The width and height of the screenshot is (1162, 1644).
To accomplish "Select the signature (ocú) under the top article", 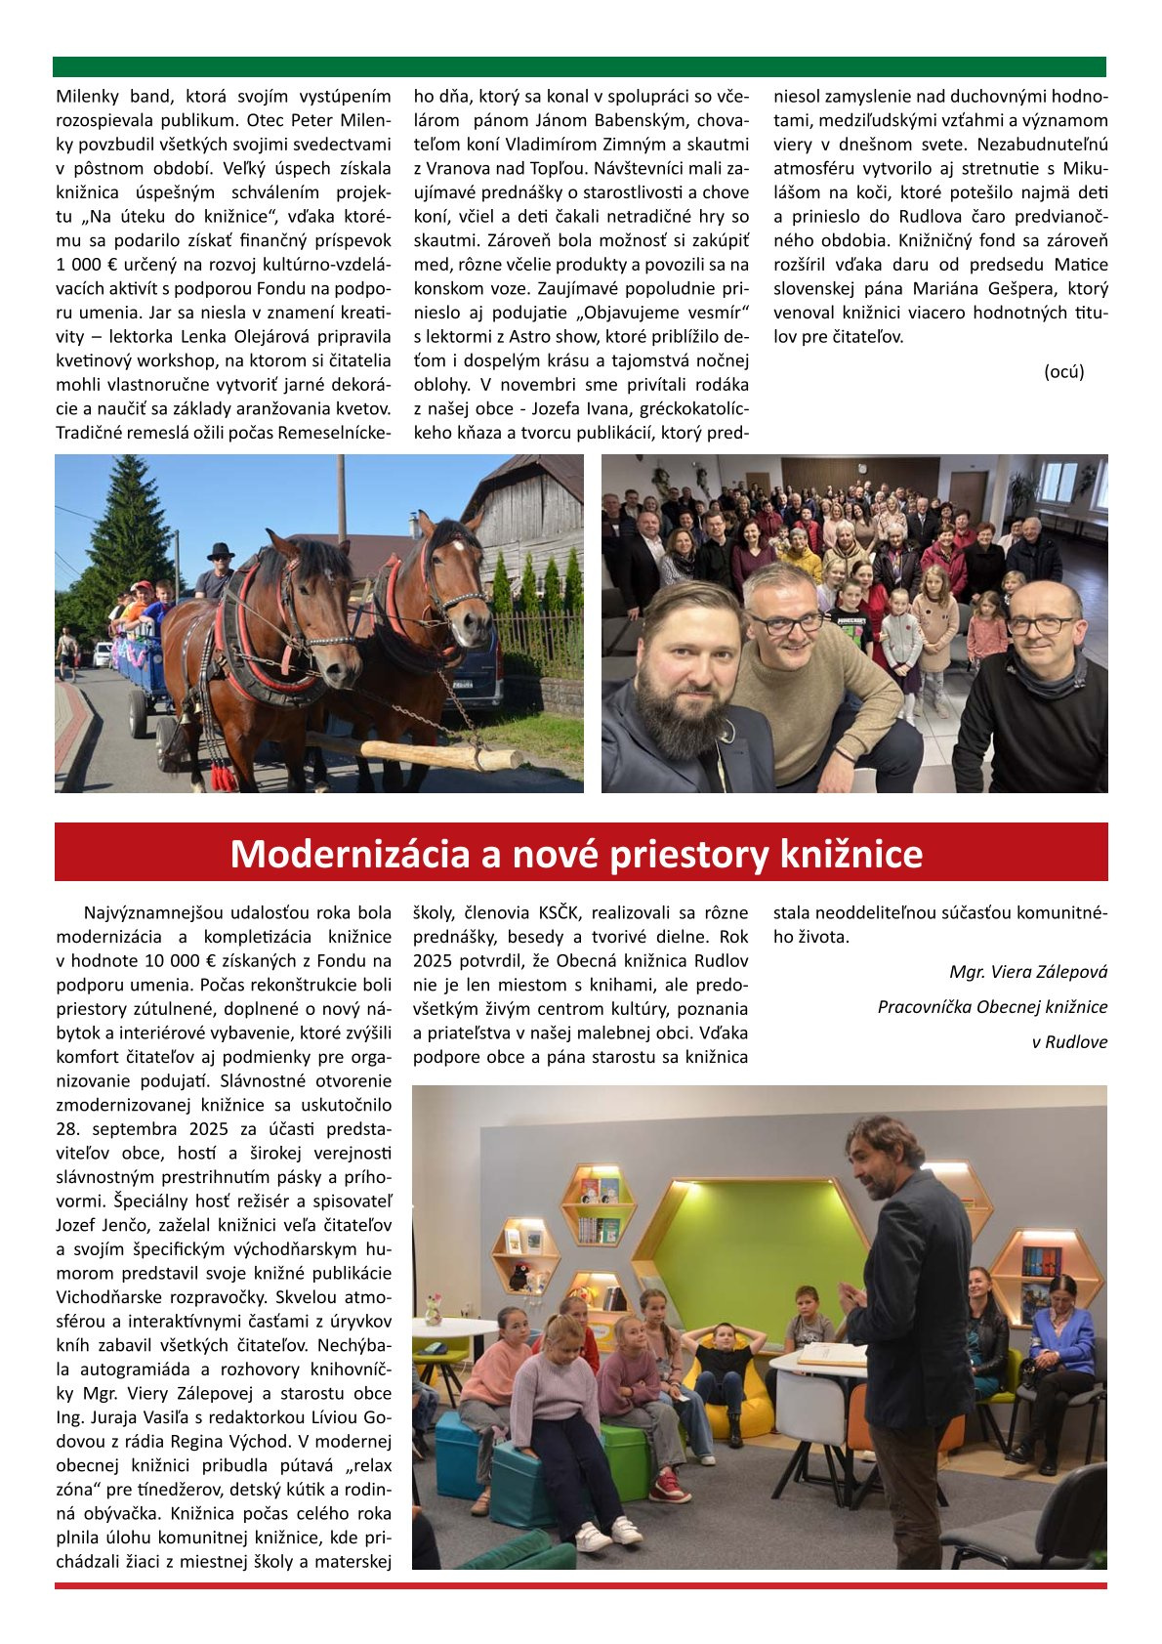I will coord(1063,371).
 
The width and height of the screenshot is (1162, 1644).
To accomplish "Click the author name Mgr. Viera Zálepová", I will coord(1028,972).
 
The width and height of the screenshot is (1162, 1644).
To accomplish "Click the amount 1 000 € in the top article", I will coord(88,265).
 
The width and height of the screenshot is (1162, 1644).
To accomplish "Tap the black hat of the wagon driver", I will coord(221,551).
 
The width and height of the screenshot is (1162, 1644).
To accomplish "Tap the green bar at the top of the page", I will coord(579,66).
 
